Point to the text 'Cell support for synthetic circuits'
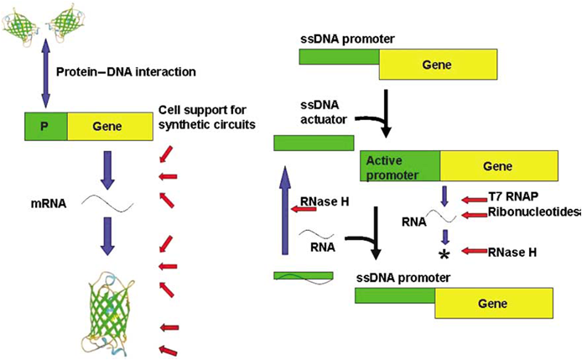[206, 119]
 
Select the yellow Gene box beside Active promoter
[497, 164]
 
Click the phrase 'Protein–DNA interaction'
[126, 71]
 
